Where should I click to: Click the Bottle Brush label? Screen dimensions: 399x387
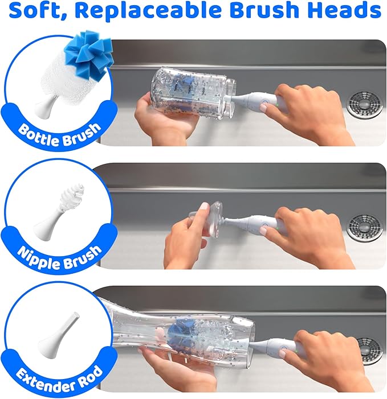(x=59, y=131)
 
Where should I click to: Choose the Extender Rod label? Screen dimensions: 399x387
(x=59, y=375)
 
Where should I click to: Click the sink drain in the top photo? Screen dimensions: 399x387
(x=365, y=104)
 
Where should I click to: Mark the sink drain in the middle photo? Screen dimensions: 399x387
(x=365, y=227)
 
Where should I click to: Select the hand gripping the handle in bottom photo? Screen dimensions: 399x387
(x=336, y=359)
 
